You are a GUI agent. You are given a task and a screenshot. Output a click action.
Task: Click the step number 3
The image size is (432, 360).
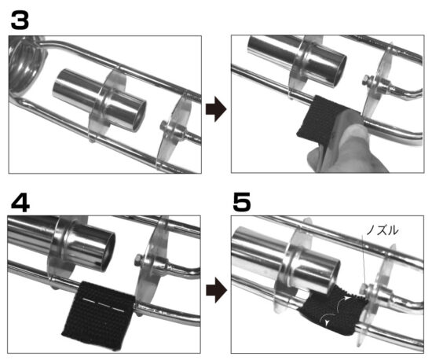click(x=20, y=20)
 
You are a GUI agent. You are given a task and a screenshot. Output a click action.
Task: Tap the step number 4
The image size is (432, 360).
click(x=20, y=203)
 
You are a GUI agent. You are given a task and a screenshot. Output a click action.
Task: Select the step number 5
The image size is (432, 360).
click(x=242, y=202)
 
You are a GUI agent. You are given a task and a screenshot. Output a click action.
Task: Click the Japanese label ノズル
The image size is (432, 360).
click(x=383, y=230)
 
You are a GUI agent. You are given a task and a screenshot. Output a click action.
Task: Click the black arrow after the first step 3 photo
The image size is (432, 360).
click(x=216, y=109)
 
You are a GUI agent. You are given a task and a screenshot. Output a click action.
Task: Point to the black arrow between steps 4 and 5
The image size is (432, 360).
click(x=216, y=290)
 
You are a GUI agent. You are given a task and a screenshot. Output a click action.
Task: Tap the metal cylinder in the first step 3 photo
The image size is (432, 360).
click(x=99, y=100)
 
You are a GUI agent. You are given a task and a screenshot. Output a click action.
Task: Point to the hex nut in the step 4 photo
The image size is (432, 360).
click(x=138, y=260)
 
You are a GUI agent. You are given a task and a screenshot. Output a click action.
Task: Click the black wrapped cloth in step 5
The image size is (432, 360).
click(x=332, y=310)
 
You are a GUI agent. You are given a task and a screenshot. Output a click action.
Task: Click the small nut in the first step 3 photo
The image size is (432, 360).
click(x=164, y=127)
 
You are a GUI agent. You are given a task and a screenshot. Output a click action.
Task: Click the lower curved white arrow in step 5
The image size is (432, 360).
click(x=328, y=318)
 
